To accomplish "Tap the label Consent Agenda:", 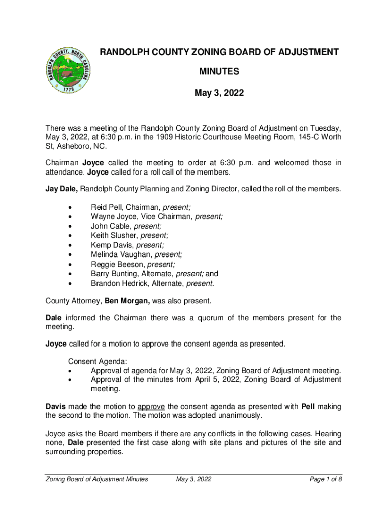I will tap(98, 361).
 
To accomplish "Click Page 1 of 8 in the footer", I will tap(326, 479).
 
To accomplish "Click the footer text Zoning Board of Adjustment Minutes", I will tap(96, 479).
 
